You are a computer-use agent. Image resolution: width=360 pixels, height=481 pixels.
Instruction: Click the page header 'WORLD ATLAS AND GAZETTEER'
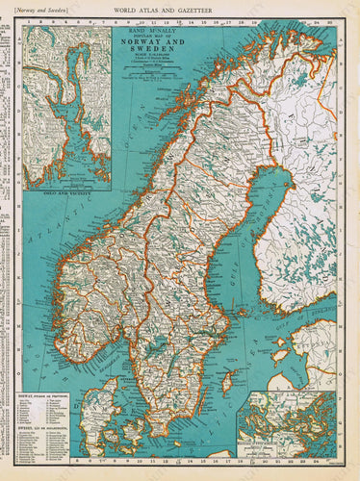click(179, 9)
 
